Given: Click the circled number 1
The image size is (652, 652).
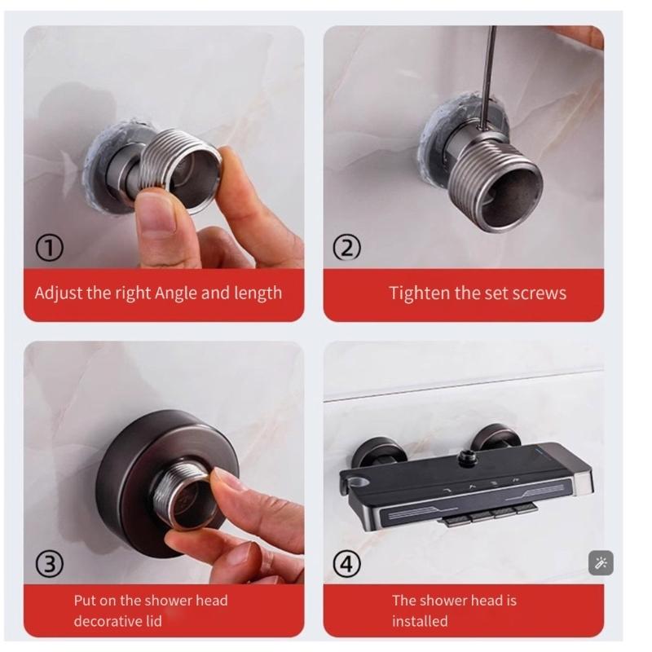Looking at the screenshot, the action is coord(50,249).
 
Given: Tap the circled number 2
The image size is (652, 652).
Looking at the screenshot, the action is coord(347,248).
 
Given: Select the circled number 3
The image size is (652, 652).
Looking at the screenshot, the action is coord(50,564).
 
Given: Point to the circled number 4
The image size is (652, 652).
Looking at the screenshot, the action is coord(347,564).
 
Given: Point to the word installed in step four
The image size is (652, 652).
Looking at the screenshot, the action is coord(420,621).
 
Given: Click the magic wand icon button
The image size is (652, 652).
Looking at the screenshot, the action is coord(601,563).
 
